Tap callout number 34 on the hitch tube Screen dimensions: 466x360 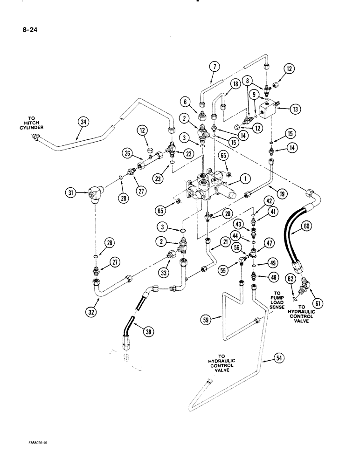[x=83, y=123]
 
